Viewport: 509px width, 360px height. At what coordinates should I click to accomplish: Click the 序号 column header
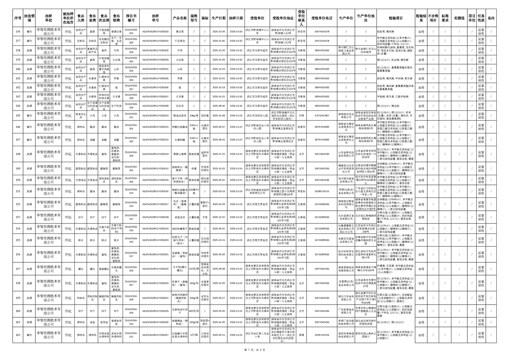pos(18,19)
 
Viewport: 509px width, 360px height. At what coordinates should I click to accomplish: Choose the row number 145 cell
pos(18,116)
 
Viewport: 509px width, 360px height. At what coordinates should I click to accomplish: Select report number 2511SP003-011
pos(131,116)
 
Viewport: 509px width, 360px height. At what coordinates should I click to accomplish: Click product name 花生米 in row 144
pos(180,106)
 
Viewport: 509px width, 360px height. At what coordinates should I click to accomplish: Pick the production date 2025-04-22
pos(219,322)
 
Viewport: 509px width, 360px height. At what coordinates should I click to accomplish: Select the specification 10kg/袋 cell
pos(194,116)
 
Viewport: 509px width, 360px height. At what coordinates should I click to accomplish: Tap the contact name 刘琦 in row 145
pos(301,116)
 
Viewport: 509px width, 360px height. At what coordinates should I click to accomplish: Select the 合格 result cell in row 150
pos(421,180)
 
